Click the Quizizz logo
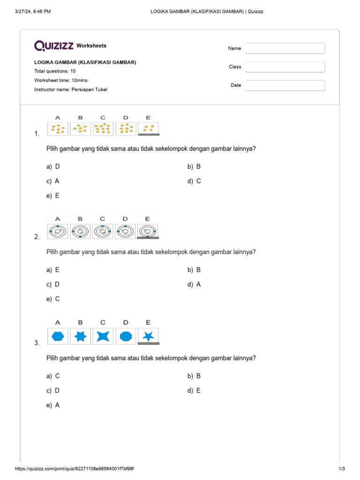(54, 45)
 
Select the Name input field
(285, 48)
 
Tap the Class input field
(285, 67)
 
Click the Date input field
(285, 85)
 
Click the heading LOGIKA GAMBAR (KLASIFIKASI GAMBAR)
(85, 62)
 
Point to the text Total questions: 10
(55, 71)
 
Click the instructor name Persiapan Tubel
(89, 89)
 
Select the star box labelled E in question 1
(149, 129)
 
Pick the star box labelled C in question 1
(103, 128)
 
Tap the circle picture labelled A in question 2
(58, 231)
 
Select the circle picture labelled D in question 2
(125, 231)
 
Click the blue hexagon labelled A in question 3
(58, 336)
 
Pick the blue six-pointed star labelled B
(81, 336)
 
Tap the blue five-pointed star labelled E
(149, 336)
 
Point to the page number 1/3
(342, 469)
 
